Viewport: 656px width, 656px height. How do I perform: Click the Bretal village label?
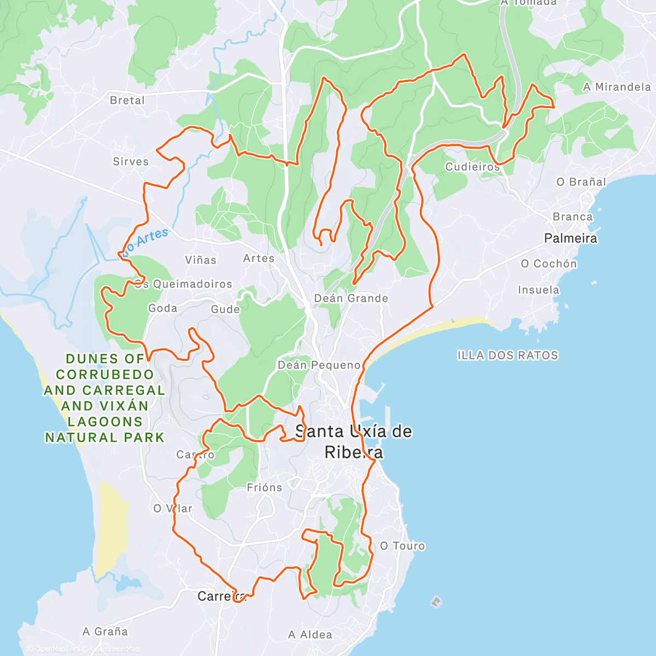127,100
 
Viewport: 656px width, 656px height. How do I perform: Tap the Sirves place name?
131,161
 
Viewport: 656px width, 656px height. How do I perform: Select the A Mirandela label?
617,87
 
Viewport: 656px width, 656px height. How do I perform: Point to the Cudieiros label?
472,167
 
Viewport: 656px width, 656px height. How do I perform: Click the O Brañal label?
581,182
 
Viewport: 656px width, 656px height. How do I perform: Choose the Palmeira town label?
571,238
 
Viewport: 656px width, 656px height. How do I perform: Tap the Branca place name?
572,217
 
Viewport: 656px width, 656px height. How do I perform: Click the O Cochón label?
548,263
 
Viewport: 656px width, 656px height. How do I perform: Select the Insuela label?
538,290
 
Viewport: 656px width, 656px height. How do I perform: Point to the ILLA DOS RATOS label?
507,355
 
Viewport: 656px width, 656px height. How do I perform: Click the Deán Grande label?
351,298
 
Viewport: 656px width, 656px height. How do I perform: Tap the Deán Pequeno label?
319,365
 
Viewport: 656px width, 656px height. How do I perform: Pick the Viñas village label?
201,260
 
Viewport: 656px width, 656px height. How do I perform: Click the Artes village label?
259,258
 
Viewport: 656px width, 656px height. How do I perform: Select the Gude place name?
225,309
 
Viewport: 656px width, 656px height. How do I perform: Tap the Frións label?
265,488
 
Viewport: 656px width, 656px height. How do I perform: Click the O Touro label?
402,546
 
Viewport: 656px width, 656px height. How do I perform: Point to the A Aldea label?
310,635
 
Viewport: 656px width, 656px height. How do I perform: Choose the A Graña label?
105,631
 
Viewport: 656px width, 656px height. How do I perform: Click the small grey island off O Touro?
436,602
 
